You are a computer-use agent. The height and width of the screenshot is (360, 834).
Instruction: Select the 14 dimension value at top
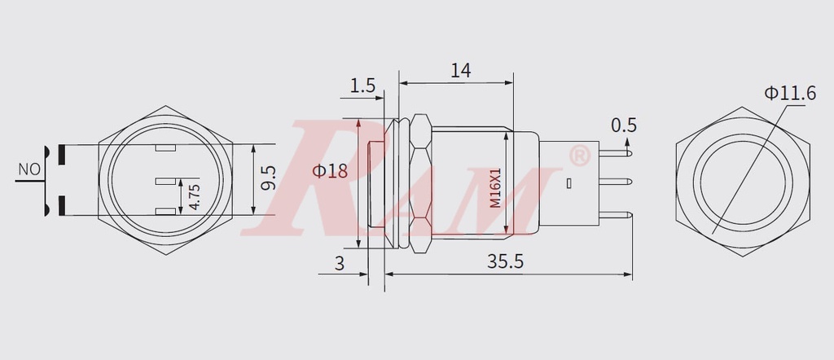[460, 71]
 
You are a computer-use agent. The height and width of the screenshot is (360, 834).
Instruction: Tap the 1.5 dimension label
[362, 86]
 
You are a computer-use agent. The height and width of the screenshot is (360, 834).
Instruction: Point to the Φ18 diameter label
[330, 171]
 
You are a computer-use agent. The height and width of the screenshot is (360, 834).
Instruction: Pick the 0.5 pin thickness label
[623, 125]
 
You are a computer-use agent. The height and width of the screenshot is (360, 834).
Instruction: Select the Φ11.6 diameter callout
[789, 94]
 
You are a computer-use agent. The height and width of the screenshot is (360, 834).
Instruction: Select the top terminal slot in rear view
[165, 149]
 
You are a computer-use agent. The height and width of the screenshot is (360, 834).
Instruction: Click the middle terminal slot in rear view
[165, 181]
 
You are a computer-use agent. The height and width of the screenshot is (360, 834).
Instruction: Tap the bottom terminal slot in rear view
[165, 213]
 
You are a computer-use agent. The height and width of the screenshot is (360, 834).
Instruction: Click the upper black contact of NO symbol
[59, 151]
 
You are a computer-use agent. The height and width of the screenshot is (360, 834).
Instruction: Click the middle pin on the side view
[617, 182]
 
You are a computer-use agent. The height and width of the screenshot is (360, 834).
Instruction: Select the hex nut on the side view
[420, 183]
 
